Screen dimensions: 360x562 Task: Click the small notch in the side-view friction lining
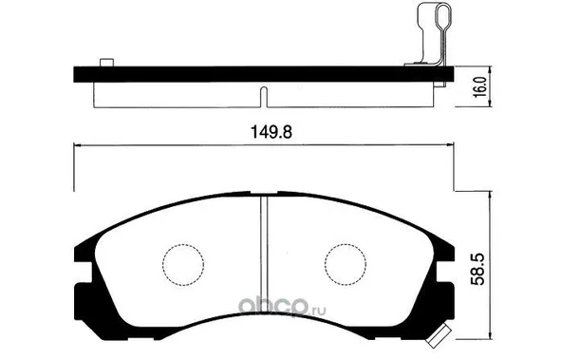point(264,95)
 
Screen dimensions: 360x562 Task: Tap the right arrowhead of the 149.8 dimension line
point(449,145)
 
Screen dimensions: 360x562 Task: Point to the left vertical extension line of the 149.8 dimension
point(74,176)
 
